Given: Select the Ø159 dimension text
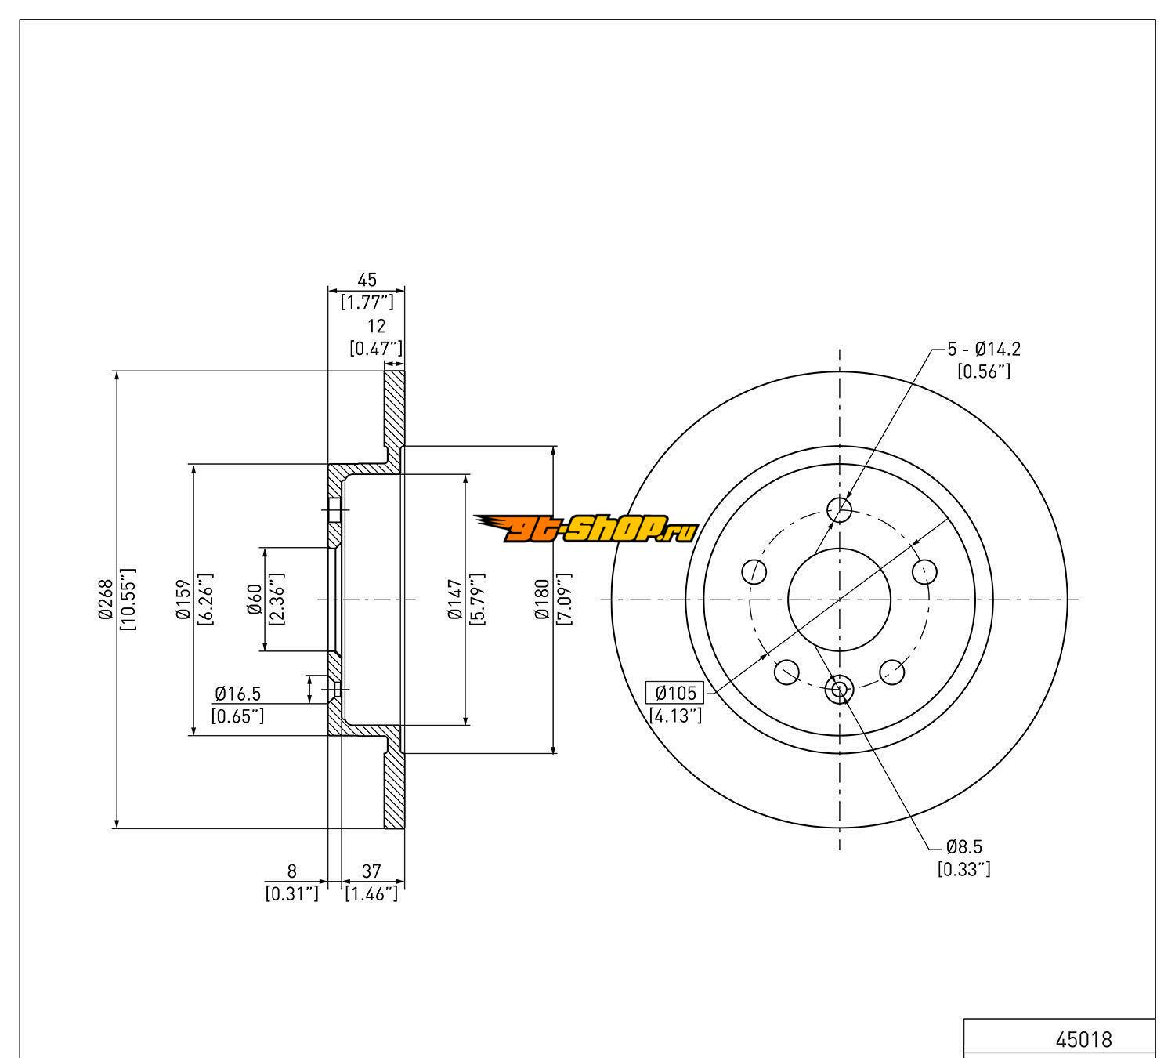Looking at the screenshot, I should pyautogui.click(x=184, y=600).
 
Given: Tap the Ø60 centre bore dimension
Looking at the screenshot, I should pyautogui.click(x=254, y=600).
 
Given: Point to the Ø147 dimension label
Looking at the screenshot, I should pyautogui.click(x=454, y=600).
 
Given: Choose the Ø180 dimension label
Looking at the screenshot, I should pyautogui.click(x=541, y=600).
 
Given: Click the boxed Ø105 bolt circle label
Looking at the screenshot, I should pyautogui.click(x=674, y=693).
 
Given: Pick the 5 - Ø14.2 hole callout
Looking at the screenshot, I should pyautogui.click(x=984, y=350).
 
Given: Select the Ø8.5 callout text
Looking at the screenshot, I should pyautogui.click(x=963, y=846).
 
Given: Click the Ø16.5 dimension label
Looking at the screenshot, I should pyautogui.click(x=237, y=694).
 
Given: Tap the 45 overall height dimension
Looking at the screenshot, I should pyautogui.click(x=367, y=280).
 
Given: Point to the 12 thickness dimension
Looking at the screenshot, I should pyautogui.click(x=376, y=327).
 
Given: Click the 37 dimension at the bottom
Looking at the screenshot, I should pyautogui.click(x=371, y=871).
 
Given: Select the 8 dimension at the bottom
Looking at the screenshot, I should pyautogui.click(x=292, y=871).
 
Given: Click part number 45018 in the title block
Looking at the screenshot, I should pyautogui.click(x=1083, y=1040).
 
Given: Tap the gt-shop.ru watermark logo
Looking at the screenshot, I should pyautogui.click(x=585, y=530).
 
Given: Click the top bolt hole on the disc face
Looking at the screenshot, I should pyautogui.click(x=840, y=510).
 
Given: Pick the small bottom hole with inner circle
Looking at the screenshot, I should pyautogui.click(x=839, y=690).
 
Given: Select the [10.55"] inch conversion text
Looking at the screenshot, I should pyautogui.click(x=128, y=600).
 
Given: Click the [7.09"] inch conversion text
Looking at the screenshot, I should pyautogui.click(x=562, y=600).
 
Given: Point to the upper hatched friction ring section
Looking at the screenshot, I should pyautogui.click(x=395, y=408).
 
